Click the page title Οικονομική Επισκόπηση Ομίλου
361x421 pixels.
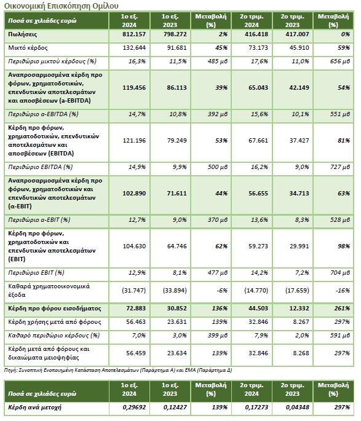point(61,6)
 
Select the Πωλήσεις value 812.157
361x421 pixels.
point(134,34)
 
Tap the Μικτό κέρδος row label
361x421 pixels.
point(28,48)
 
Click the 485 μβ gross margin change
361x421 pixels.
point(217,61)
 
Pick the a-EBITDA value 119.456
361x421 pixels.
point(134,88)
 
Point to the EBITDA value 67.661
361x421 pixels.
point(258,141)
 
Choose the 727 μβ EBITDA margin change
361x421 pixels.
point(339,167)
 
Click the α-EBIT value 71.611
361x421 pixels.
point(177,194)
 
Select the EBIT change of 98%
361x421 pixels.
point(344,246)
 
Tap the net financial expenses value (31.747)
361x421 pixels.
point(134,291)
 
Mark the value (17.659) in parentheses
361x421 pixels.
point(297,291)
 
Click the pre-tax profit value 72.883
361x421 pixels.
point(136,309)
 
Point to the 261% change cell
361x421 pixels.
point(342,309)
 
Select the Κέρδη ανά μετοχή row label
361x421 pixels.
point(34,407)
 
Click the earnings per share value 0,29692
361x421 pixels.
point(134,407)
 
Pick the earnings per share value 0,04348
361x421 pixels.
point(298,407)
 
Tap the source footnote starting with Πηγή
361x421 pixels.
point(118,371)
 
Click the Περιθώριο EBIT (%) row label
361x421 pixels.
point(36,273)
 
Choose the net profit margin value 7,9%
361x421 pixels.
point(261,336)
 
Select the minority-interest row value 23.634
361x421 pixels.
point(177,353)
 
